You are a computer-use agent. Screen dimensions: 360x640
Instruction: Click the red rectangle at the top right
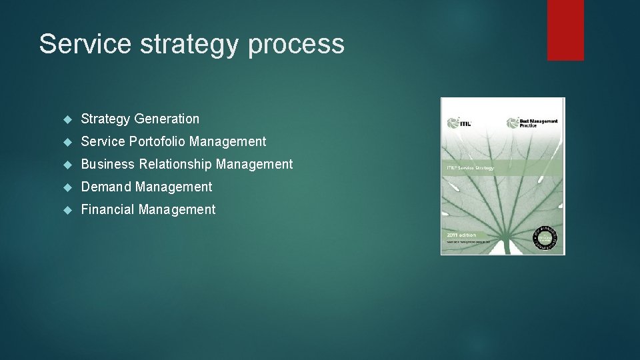click(x=565, y=29)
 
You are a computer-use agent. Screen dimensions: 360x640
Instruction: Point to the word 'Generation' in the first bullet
click(x=167, y=119)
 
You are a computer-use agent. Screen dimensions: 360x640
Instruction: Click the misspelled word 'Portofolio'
click(x=157, y=141)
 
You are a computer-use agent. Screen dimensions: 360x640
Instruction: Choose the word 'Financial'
click(x=108, y=209)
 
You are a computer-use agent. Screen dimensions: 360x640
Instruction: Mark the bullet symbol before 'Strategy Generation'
click(x=67, y=119)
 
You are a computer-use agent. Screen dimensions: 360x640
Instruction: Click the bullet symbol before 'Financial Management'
click(x=67, y=210)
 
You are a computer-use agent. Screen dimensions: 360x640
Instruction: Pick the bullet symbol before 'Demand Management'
click(x=67, y=187)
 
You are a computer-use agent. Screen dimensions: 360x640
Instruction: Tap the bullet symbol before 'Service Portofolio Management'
click(x=67, y=142)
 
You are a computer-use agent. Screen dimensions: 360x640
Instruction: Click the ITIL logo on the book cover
click(x=457, y=123)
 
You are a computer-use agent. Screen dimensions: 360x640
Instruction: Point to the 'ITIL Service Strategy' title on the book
click(x=470, y=167)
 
